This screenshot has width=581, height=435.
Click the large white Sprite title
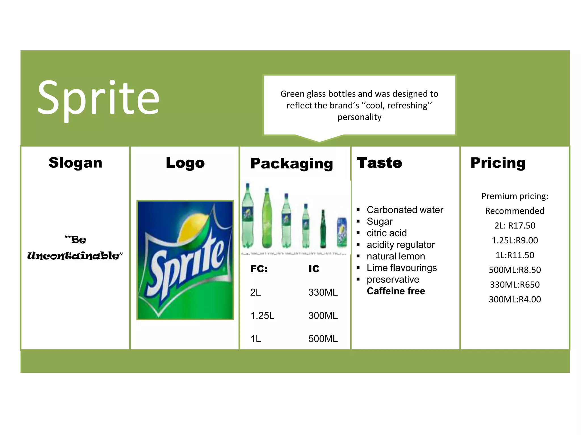[98, 98]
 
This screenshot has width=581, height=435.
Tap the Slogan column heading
[75, 163]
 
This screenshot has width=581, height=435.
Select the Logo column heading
[185, 163]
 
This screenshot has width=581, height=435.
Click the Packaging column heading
[292, 164]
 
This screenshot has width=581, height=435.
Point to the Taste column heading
[379, 163]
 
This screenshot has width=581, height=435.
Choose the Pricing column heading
[498, 163]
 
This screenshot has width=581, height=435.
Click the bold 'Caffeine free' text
[396, 291]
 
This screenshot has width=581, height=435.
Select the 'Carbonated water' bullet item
[405, 210]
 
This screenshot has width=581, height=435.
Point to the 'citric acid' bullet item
[387, 233]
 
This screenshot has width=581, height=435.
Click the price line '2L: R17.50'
[515, 226]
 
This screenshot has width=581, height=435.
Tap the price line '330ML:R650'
[515, 285]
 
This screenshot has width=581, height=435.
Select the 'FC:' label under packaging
[259, 269]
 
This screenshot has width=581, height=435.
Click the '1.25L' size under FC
[262, 315]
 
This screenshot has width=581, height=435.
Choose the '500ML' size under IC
[323, 339]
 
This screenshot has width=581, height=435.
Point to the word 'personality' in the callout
[359, 117]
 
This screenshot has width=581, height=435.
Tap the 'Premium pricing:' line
[515, 196]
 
